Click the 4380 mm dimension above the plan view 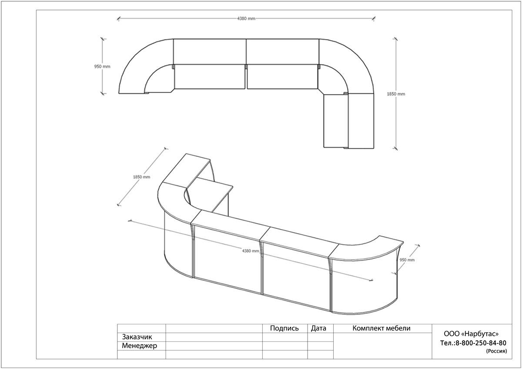(x=246, y=19)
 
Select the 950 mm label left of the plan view (x=102, y=66)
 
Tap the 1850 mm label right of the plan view (x=396, y=94)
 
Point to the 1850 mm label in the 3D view (x=141, y=177)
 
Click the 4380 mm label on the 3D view (x=251, y=251)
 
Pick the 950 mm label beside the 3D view (x=407, y=260)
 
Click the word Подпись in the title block (x=284, y=328)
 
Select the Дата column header (x=318, y=328)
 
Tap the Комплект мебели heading (x=381, y=328)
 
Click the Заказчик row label (x=137, y=337)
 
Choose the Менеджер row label (x=139, y=346)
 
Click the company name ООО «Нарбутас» (x=471, y=334)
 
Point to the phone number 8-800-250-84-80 (x=481, y=343)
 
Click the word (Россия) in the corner (x=496, y=351)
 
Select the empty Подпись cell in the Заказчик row (x=285, y=337)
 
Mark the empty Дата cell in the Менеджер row (x=321, y=346)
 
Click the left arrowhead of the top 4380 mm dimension (x=119, y=19)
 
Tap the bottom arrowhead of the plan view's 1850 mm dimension (x=395, y=148)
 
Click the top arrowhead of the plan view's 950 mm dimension (x=102, y=39)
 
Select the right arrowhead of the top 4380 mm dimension (x=374, y=18)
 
